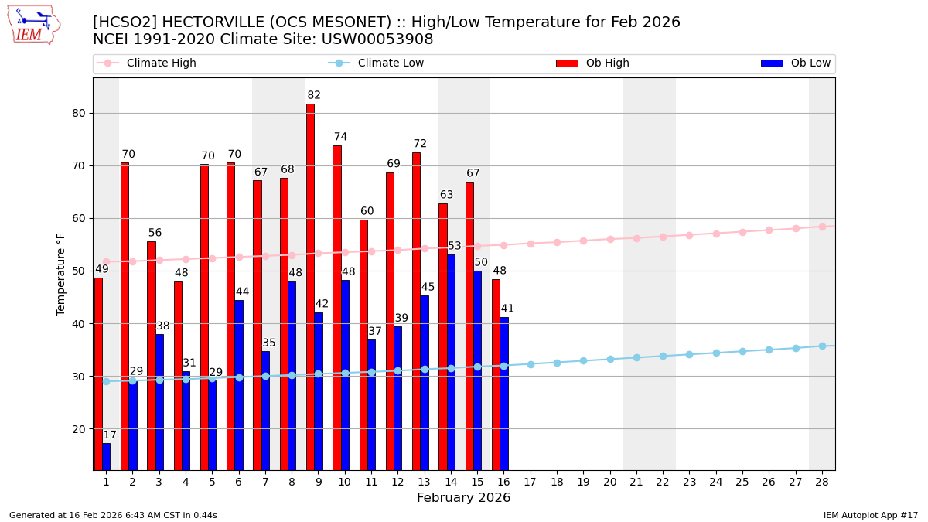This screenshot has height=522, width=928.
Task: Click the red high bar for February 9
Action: click(310, 286)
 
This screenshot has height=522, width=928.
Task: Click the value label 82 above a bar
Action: click(314, 96)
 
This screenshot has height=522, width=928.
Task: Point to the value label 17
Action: click(110, 435)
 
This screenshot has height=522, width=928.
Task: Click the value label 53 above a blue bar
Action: click(455, 247)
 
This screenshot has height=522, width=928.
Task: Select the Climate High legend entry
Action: click(161, 63)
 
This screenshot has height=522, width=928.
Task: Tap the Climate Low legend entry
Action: click(391, 63)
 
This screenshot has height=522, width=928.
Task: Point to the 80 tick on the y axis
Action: click(78, 113)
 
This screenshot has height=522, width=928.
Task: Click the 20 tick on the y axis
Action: click(78, 429)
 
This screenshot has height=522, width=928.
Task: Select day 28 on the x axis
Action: click(822, 482)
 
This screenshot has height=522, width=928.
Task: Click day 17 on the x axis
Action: click(530, 482)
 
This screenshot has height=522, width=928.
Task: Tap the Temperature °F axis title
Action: click(61, 275)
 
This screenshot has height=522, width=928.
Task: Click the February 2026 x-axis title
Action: click(464, 498)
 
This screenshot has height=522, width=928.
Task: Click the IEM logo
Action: click(33, 25)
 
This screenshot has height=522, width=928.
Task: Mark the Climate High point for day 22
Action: click(663, 237)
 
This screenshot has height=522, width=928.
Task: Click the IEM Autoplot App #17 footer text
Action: click(871, 515)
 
